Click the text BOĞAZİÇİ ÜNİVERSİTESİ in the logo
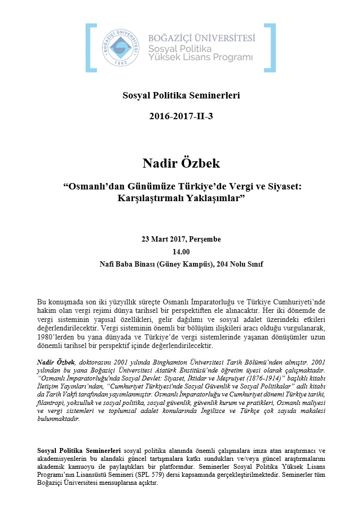point(202,38)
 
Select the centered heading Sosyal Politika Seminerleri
point(181,96)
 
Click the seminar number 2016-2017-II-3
point(181,115)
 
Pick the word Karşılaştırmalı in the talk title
point(151,198)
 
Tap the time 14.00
point(180,252)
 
